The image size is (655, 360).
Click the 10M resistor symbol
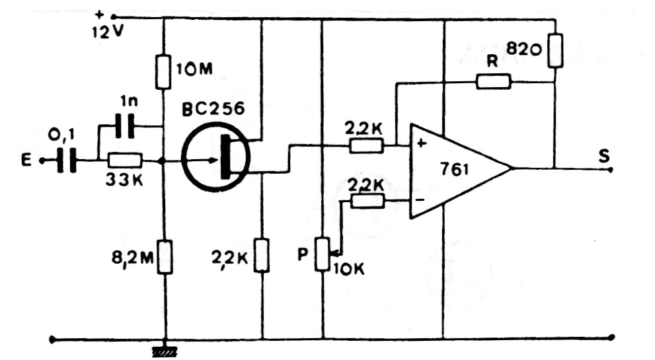(x=163, y=72)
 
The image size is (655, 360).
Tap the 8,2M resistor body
(x=165, y=257)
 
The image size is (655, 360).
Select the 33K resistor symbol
(x=125, y=161)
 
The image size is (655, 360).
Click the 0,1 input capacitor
(x=67, y=161)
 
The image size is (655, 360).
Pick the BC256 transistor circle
(x=215, y=157)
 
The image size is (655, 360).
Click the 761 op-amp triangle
(x=460, y=170)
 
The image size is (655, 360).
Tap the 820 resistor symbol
(x=555, y=51)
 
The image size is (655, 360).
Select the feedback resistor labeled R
(x=493, y=81)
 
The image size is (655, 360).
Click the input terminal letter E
(x=26, y=161)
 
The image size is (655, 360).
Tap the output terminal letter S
(x=604, y=156)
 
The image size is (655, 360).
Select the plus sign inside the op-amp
(x=422, y=143)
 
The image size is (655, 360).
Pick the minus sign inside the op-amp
(x=420, y=199)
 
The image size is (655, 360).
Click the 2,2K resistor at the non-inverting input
(x=366, y=146)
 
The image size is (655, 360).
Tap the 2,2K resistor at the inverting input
(x=367, y=201)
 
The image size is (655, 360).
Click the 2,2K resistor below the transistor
(x=262, y=255)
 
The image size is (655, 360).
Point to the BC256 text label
(x=213, y=108)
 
